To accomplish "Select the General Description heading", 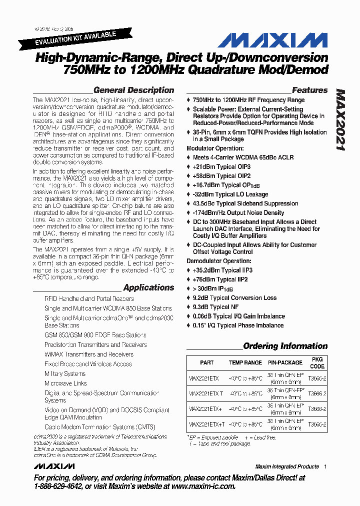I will [133, 90].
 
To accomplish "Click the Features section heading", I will [309, 90].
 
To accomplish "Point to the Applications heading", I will [148, 287].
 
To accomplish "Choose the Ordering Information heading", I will [285, 346].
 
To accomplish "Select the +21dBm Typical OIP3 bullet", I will [221, 166].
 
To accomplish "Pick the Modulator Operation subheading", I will [215, 148].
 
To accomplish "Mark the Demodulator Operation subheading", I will [218, 261].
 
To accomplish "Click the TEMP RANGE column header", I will [245, 362].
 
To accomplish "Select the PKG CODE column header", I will [317, 362].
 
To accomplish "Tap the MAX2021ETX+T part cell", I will [206, 424].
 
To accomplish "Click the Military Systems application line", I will [65, 373].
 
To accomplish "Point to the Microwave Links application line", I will [65, 383].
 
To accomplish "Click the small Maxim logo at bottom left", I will [54, 466].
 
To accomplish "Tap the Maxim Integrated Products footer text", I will [286, 466].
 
